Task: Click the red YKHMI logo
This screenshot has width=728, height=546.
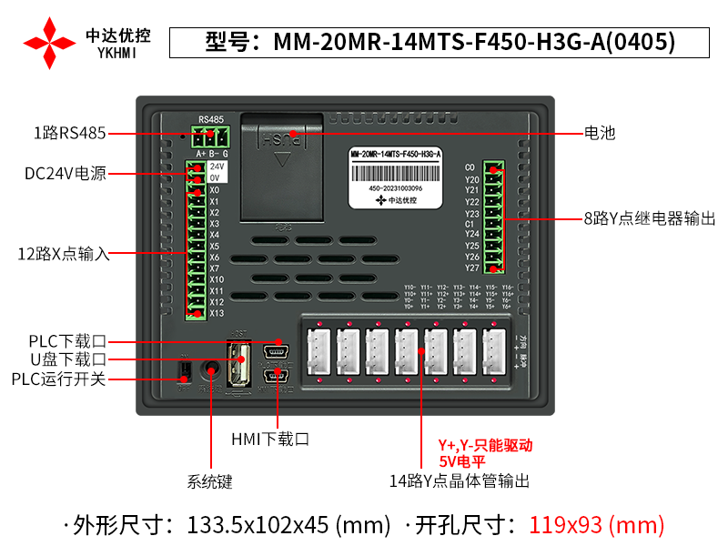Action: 50,42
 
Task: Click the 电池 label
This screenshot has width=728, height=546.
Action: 600,133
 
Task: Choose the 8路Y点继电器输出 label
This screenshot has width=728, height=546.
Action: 649,219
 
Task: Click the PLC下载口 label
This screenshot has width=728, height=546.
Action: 67,341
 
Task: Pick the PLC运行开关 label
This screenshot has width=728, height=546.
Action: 58,379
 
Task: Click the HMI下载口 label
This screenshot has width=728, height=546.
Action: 270,439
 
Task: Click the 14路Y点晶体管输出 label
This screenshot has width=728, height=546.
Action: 459,480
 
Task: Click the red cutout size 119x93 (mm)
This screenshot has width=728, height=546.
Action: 597,524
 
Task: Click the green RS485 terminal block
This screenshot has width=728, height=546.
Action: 211,136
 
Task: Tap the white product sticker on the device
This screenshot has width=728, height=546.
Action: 395,175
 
